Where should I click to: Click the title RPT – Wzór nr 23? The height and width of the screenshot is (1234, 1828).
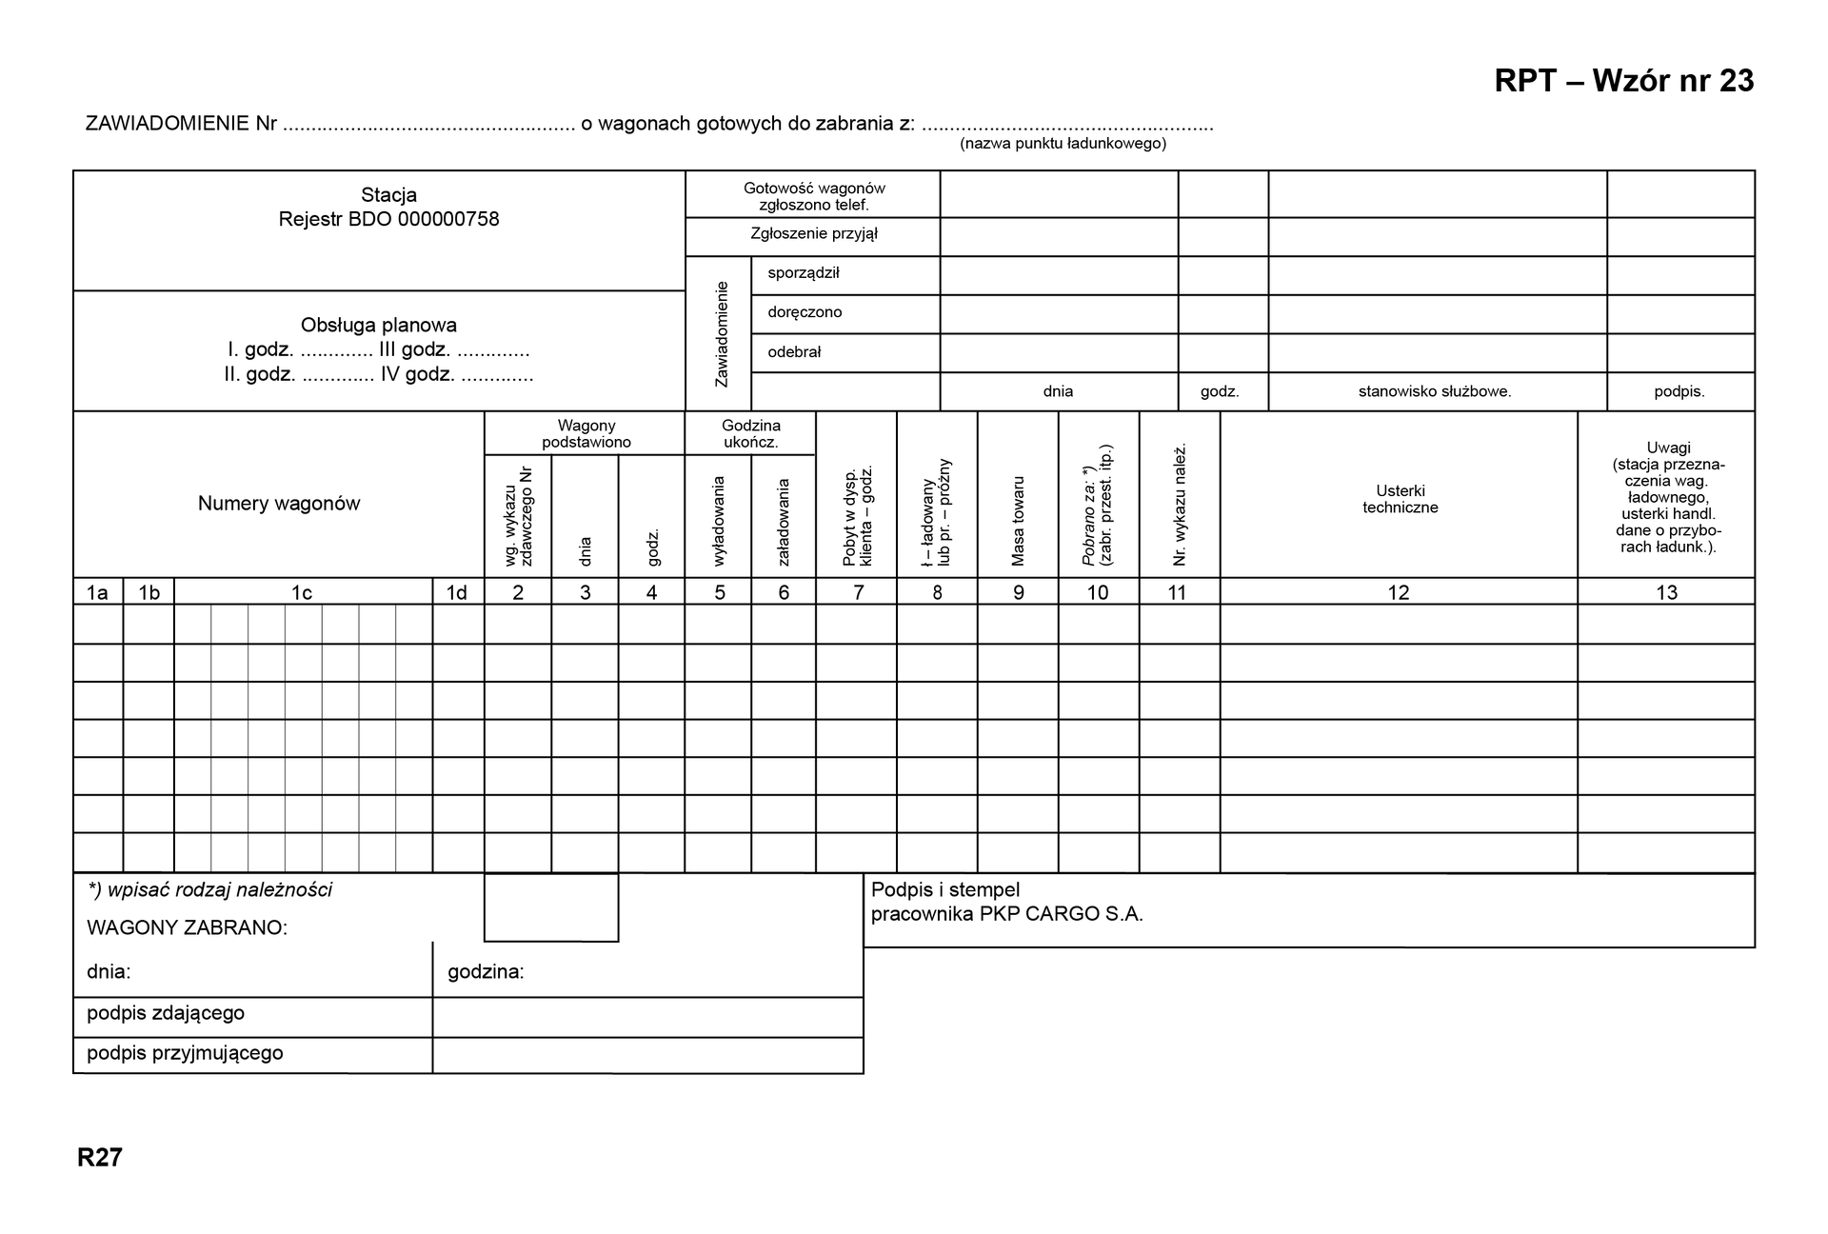1623,81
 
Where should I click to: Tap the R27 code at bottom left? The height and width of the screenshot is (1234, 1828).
100,1157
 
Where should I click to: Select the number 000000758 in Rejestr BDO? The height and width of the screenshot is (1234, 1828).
448,219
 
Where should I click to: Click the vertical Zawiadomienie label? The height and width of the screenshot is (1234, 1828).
721,333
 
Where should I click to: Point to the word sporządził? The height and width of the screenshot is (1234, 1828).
804,273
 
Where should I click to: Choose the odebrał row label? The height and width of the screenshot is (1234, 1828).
794,352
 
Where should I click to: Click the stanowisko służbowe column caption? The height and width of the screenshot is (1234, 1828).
1434,391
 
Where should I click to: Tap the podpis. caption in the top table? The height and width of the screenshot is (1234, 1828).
1679,391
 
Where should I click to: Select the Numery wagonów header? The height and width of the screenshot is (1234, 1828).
279,504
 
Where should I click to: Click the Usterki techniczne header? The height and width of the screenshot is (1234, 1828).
1400,499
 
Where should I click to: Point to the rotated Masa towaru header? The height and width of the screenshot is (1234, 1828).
1018,521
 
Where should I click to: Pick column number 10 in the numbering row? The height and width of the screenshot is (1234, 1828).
1098,592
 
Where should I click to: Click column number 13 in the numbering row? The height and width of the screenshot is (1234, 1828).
1666,592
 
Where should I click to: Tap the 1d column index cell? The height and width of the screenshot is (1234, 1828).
457,592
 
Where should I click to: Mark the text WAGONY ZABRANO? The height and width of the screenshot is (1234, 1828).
187,927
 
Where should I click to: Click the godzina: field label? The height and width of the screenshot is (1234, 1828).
486,972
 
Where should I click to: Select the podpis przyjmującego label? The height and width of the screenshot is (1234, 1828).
185,1053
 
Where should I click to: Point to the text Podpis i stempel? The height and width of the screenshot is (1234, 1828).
944,889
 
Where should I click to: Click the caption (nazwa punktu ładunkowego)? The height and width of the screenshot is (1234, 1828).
1063,144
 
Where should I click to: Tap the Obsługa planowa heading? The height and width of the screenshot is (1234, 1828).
379,325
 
